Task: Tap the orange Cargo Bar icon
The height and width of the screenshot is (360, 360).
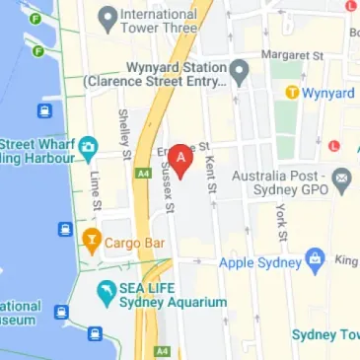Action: click(x=91, y=238)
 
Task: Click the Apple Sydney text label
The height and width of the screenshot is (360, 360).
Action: click(x=258, y=263)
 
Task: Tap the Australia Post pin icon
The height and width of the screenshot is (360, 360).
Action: click(x=342, y=180)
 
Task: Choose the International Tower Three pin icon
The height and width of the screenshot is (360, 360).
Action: click(x=107, y=15)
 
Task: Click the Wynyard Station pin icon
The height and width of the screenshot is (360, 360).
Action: click(x=238, y=70)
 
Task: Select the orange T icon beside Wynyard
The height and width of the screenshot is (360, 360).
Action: click(x=292, y=93)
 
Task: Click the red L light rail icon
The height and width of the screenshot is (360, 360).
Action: click(x=333, y=146)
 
